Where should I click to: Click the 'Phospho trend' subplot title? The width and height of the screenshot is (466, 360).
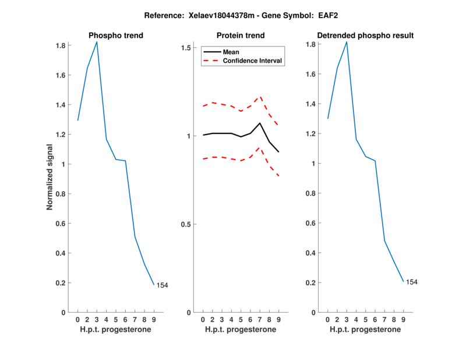tap(116, 36)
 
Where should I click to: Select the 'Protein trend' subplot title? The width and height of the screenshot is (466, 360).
tap(241, 36)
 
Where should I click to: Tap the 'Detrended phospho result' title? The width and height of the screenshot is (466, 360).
tap(366, 36)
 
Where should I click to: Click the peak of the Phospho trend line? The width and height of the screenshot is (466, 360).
tap(97, 42)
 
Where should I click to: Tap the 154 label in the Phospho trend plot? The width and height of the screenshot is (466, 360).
tap(163, 285)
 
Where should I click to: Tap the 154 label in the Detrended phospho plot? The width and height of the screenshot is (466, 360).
tap(412, 282)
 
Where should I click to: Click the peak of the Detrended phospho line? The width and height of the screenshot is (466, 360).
tap(347, 42)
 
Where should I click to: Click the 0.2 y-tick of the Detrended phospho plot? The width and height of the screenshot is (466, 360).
tap(314, 283)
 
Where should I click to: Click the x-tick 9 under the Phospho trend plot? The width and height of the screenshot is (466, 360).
tap(154, 319)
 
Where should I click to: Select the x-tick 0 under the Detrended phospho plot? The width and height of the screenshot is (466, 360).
tap(327, 319)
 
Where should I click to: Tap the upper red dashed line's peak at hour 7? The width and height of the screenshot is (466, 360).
tap(260, 97)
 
